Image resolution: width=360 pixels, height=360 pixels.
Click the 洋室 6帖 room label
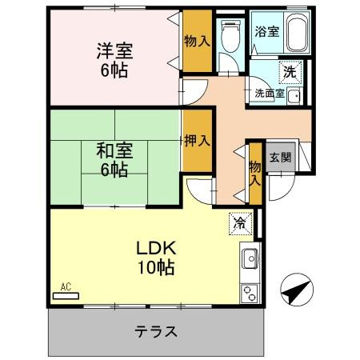pyautogui.click(x=114, y=60)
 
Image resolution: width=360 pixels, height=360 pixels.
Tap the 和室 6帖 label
pyautogui.click(x=114, y=160)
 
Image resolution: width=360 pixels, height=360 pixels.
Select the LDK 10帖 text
pyautogui.click(x=156, y=258)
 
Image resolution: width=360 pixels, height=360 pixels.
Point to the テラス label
pyautogui.click(x=156, y=331)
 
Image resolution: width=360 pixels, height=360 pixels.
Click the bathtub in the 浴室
pyautogui.click(x=298, y=32)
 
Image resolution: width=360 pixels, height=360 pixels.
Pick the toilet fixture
pyautogui.click(x=230, y=36)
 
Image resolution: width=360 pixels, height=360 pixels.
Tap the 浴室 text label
pyautogui.click(x=266, y=31)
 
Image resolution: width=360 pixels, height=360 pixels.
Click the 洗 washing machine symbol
pyautogui.click(x=290, y=72)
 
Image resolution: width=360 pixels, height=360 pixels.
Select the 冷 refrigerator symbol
pyautogui.click(x=240, y=223)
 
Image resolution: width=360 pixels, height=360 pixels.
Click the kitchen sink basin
pyautogui.click(x=250, y=258)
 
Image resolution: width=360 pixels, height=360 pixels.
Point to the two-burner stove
pyautogui.click(x=250, y=294)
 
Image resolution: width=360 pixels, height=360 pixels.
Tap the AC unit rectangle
pyautogui.click(x=66, y=296)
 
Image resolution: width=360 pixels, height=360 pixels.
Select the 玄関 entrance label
pyautogui.click(x=280, y=158)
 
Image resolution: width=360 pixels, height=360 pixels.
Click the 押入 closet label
pyautogui.click(x=198, y=140)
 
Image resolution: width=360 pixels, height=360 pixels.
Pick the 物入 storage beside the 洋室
pyautogui.click(x=198, y=41)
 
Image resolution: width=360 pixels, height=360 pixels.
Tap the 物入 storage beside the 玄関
pyautogui.click(x=255, y=174)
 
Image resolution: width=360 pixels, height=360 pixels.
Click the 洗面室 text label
pyautogui.click(x=270, y=94)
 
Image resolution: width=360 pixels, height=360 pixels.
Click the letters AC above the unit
pyautogui.click(x=66, y=287)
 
